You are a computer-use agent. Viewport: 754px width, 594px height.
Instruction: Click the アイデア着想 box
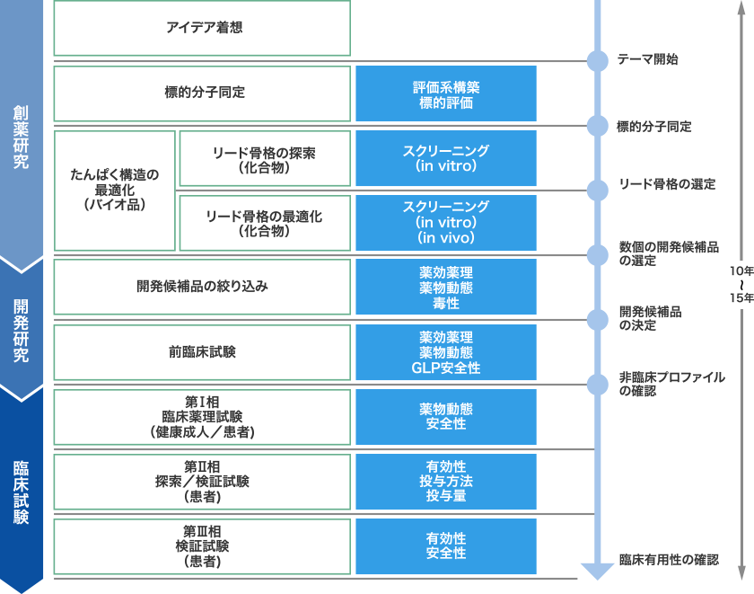click(202, 28)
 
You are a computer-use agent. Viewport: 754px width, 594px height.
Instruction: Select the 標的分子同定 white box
click(202, 93)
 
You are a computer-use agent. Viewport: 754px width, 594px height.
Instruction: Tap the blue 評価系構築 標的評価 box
click(446, 93)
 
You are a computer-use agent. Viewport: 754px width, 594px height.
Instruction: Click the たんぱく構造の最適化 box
click(115, 190)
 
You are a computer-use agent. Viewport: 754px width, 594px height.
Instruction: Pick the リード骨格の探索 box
click(264, 158)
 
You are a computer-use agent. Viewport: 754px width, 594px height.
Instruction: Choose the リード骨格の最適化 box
click(264, 223)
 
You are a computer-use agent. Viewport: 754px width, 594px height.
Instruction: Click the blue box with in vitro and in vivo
click(446, 223)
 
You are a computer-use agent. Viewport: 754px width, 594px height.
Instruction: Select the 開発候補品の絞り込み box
click(202, 287)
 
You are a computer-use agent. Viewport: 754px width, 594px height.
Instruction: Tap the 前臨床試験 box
click(202, 351)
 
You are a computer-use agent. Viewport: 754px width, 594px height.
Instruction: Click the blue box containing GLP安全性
click(446, 351)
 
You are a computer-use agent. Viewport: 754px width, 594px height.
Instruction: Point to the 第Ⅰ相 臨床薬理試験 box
click(202, 417)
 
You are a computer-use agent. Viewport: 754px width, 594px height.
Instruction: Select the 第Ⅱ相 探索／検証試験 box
click(202, 481)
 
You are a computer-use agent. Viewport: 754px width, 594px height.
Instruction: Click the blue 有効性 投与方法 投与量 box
click(446, 481)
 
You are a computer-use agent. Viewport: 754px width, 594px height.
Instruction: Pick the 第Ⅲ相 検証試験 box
click(202, 545)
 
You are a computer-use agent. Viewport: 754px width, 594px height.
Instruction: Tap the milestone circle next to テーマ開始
click(598, 61)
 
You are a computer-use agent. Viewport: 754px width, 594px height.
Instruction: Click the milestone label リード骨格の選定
click(667, 184)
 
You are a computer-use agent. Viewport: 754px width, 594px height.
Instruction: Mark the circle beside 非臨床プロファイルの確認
click(598, 384)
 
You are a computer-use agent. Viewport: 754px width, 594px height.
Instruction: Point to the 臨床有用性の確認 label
click(668, 559)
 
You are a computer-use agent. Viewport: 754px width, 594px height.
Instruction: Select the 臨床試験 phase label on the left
click(21, 492)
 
